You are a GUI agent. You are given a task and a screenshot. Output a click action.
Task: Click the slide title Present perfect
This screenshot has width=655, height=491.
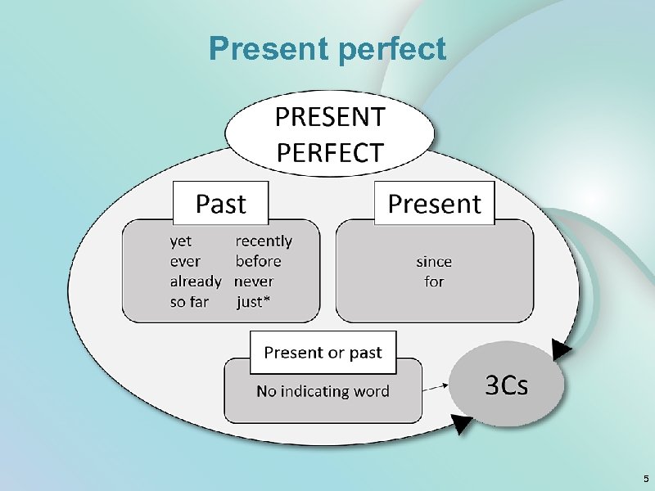327,49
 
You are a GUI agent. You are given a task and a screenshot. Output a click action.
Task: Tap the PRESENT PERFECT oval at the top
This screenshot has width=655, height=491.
330,135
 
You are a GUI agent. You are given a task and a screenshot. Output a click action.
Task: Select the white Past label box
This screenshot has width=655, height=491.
221,203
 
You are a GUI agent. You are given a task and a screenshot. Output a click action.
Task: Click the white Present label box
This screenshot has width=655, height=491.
434,203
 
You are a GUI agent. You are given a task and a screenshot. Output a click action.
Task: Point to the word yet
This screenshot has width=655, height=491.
181,241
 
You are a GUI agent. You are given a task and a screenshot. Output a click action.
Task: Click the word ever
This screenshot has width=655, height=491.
185,261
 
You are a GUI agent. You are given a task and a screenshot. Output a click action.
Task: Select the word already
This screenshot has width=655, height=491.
196,282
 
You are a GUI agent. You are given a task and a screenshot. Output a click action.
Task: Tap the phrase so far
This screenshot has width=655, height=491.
189,302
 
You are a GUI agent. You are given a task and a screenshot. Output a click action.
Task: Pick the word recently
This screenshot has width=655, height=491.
264,241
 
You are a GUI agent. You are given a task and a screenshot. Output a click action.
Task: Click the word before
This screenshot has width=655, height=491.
258,261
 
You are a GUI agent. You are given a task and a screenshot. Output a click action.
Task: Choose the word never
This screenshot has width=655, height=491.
254,282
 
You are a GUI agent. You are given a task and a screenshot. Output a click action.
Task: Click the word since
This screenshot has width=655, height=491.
434,262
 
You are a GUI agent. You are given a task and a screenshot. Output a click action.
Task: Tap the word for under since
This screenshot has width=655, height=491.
434,282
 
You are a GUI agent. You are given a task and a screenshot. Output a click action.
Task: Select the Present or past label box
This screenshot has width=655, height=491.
323,353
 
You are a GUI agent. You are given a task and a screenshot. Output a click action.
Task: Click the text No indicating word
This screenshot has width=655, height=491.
323,391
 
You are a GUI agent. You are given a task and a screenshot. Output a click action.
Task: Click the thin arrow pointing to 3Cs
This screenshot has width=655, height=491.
438,385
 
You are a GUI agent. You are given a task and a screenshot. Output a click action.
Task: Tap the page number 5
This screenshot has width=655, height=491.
645,479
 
